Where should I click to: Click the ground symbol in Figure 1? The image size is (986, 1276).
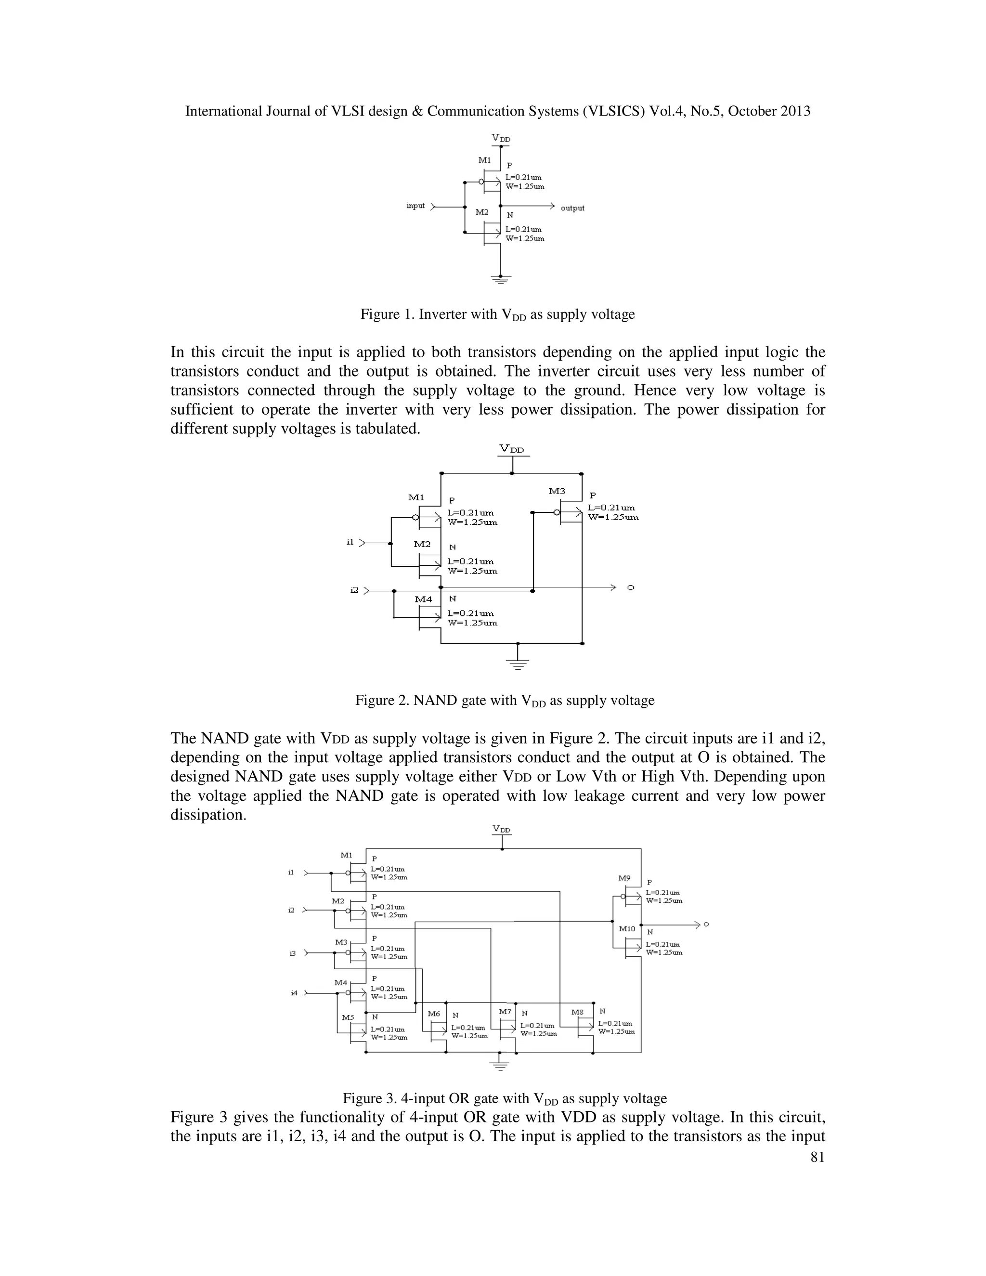coord(501,279)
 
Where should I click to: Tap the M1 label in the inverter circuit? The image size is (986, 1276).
coord(485,160)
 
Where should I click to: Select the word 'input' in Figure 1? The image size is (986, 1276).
coord(415,206)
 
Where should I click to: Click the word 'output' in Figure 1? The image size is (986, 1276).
coord(572,208)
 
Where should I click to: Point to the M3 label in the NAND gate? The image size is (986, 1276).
coord(557,491)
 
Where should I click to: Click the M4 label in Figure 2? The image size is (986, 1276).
coord(424,599)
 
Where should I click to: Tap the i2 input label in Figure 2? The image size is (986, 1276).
coord(354,590)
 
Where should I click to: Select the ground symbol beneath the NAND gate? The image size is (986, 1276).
coord(518,663)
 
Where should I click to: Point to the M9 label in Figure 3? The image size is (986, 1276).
coord(624,878)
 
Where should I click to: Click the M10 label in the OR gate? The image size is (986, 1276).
coord(627,929)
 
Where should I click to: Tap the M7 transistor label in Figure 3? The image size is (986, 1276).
coord(505,1012)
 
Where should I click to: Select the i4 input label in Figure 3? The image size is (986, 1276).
coord(294,993)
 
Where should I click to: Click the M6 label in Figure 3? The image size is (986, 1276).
coord(433,1014)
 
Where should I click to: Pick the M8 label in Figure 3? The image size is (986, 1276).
coord(577,1012)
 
